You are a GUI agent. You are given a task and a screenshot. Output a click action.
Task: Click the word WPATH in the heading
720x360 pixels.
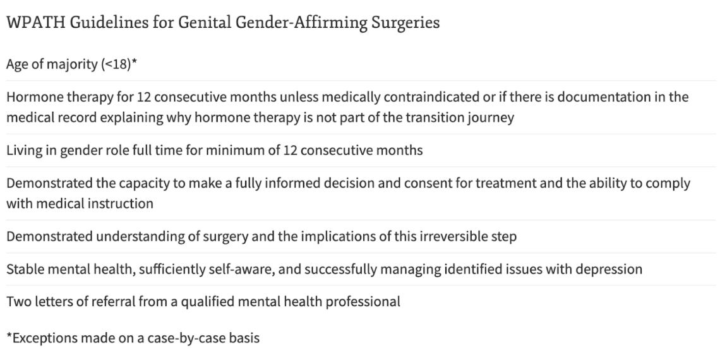(36, 22)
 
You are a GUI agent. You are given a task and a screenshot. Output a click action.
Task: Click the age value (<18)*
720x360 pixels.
(119, 64)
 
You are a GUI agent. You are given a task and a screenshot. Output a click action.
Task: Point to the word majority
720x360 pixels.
(71, 64)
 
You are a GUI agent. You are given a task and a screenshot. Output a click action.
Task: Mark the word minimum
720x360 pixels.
(236, 150)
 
